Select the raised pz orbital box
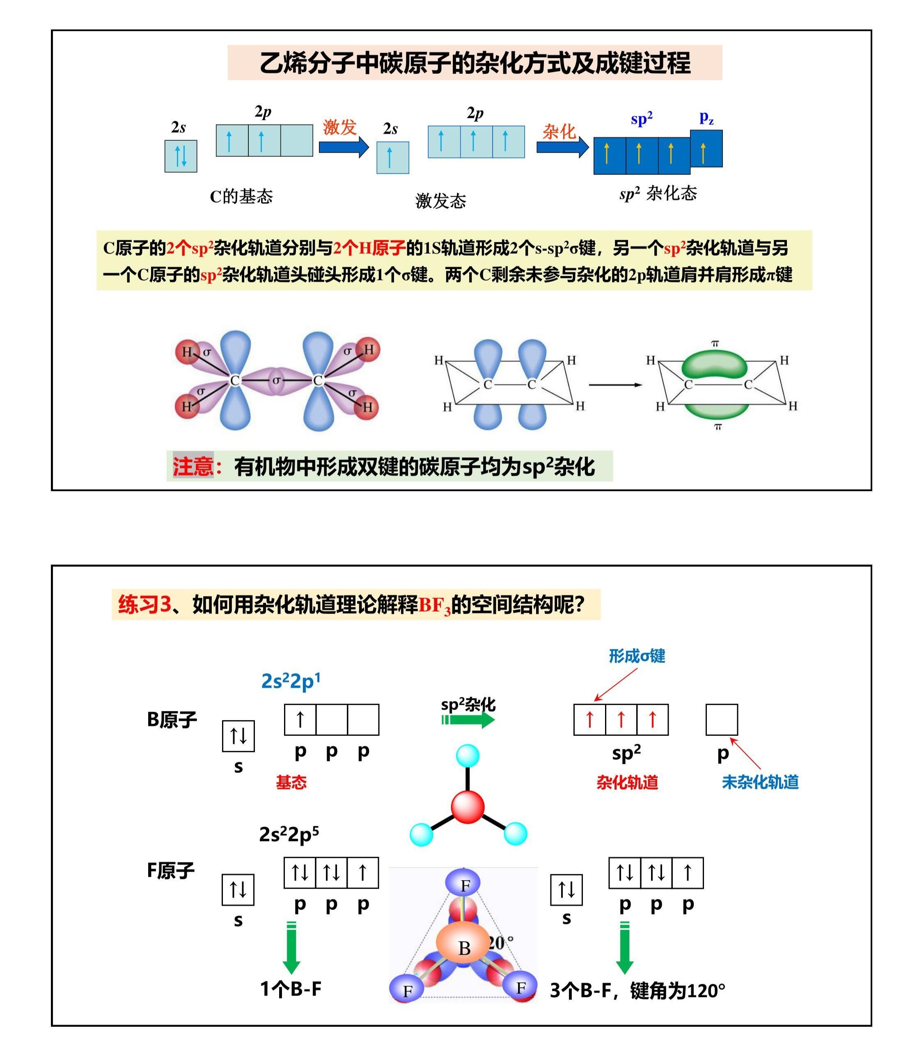tap(706, 149)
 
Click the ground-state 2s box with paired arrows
tap(181, 156)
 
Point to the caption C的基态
tap(241, 197)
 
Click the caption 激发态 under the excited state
tap(440, 201)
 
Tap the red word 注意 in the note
tap(193, 466)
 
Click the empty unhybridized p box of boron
tap(721, 719)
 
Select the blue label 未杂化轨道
tap(760, 782)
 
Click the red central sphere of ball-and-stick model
tap(468, 807)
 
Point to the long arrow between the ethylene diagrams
tap(615, 385)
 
